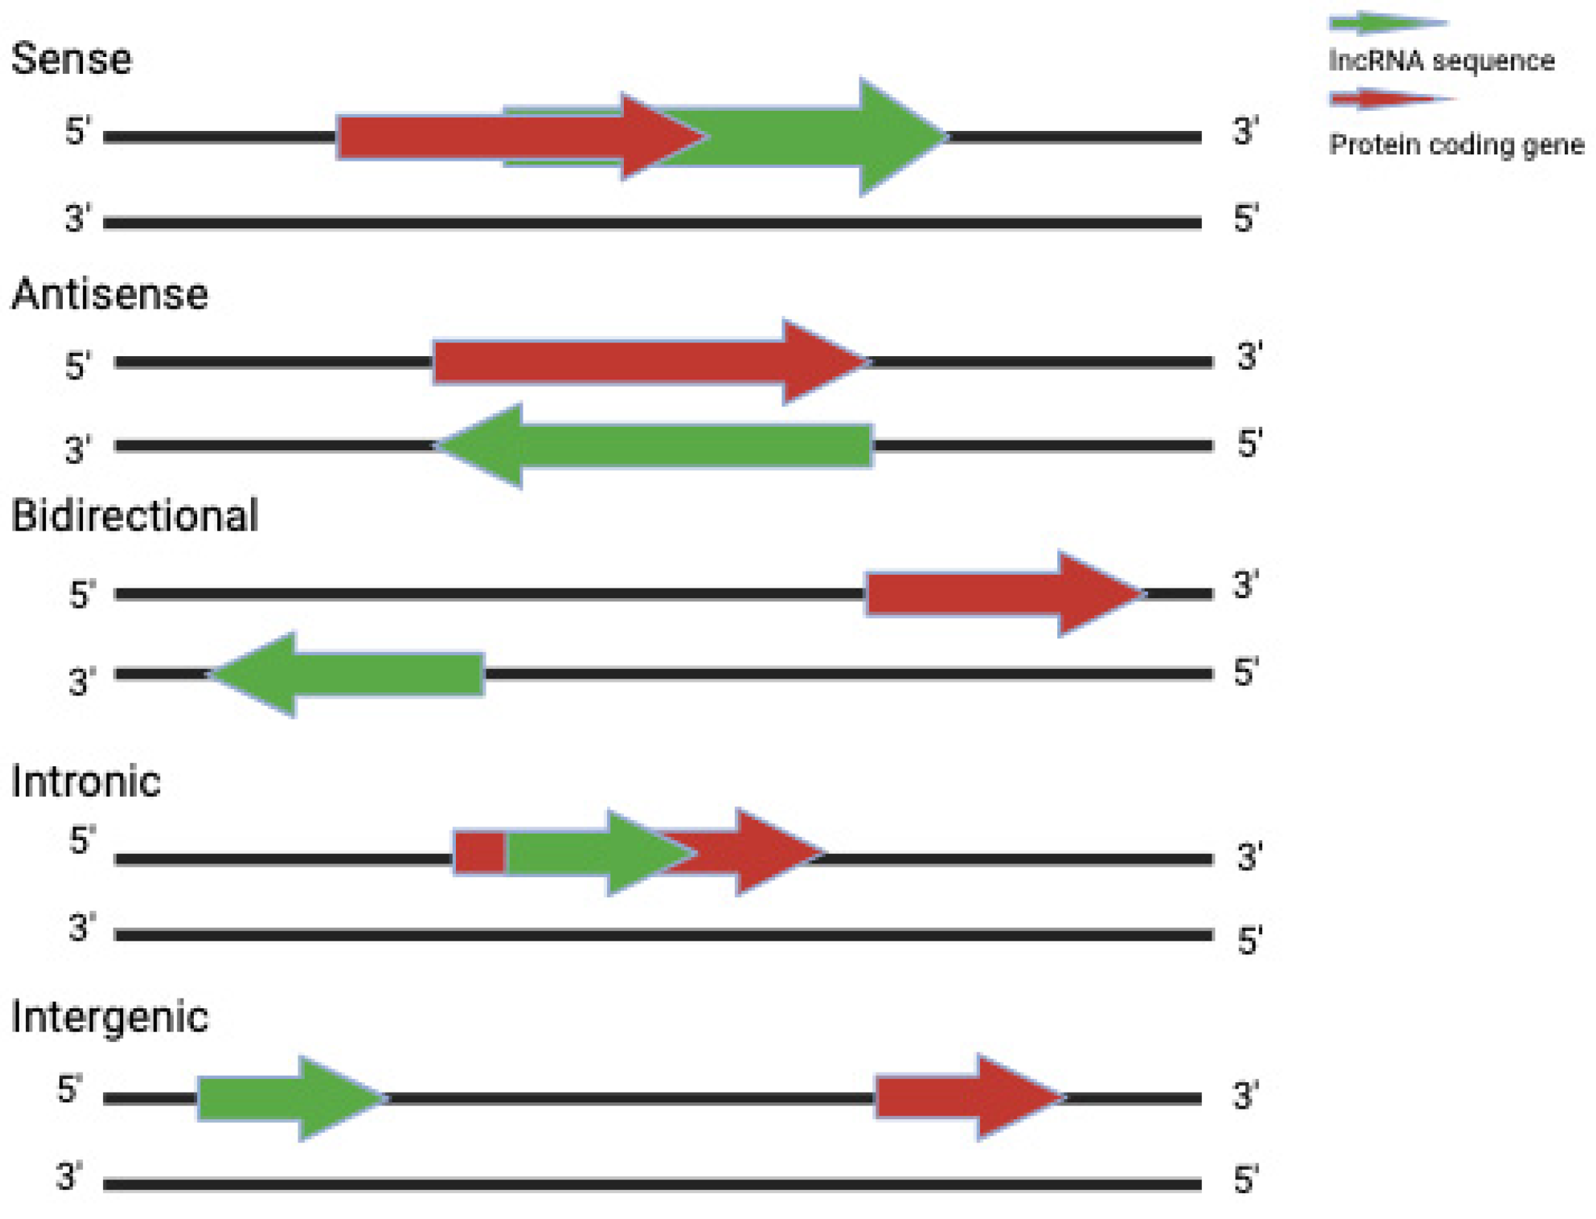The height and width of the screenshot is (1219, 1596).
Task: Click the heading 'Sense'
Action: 72,59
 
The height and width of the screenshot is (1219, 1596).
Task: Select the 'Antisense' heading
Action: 110,294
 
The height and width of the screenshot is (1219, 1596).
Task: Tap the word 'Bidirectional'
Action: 134,515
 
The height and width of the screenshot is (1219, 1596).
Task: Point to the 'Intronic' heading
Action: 86,782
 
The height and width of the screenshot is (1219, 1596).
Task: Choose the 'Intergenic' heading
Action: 110,1017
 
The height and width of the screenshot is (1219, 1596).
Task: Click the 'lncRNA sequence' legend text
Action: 1441,61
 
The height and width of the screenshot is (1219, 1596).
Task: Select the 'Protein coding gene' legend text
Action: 1456,145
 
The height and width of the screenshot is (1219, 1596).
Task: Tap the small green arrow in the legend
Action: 1387,23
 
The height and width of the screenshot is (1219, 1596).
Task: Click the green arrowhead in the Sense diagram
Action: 892,137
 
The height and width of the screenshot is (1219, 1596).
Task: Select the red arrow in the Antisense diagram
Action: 643,362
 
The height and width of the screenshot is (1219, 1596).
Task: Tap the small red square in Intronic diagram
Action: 479,853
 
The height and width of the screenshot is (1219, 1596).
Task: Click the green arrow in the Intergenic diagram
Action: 289,1098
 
